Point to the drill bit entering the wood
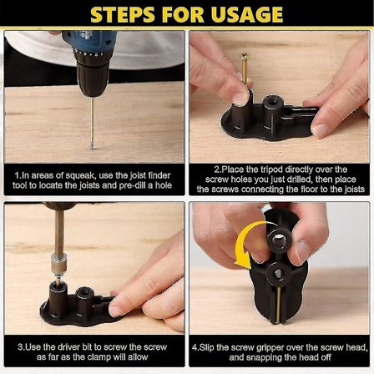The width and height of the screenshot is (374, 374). point(92,125)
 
